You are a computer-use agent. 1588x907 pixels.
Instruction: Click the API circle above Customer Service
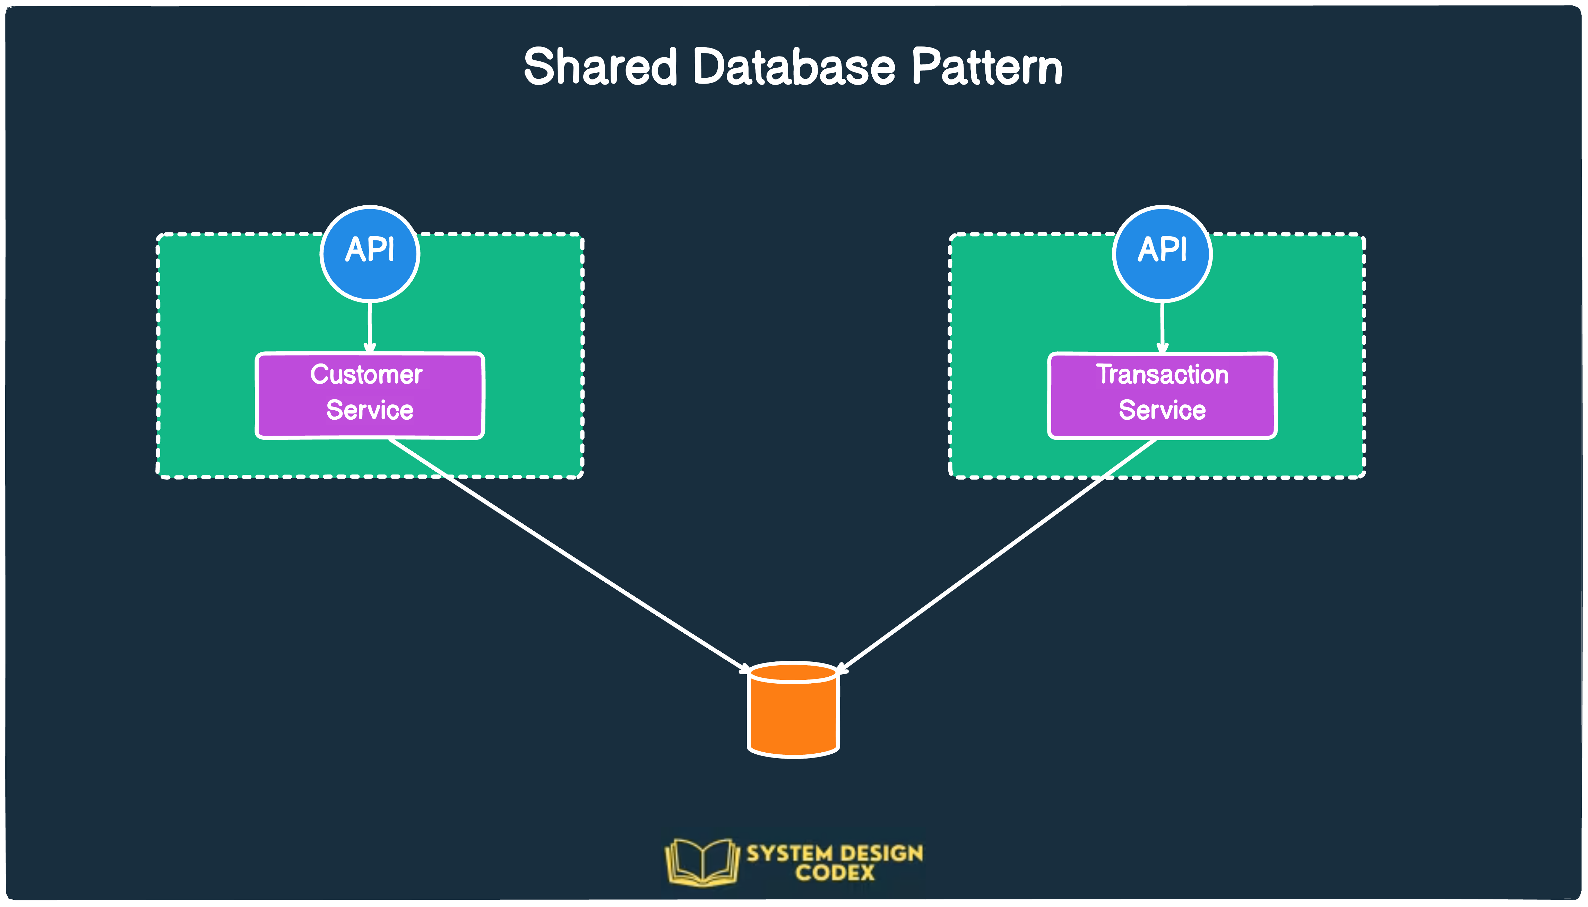tap(370, 254)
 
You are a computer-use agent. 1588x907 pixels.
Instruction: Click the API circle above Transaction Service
tap(1162, 254)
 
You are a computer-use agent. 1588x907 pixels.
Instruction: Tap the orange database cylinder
tap(793, 716)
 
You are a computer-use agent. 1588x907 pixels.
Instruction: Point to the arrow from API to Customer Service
tap(370, 327)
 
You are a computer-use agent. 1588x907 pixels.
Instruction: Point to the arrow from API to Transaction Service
tap(1162, 327)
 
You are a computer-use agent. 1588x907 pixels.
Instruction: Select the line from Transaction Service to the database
tap(996, 554)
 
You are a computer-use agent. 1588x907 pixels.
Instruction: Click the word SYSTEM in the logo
tap(789, 853)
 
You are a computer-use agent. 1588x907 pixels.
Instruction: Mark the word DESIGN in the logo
tap(883, 853)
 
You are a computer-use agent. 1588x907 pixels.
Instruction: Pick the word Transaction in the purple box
tap(1162, 374)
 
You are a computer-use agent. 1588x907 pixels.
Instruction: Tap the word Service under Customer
tap(370, 410)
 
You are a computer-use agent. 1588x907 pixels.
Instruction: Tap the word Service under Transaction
tap(1162, 410)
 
